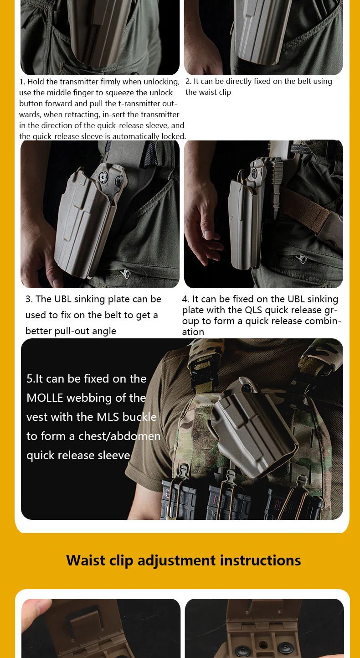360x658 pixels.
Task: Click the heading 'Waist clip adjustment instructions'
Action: [x=184, y=560]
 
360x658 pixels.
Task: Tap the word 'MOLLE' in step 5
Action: [x=45, y=398]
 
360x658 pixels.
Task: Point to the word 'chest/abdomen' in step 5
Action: [x=119, y=436]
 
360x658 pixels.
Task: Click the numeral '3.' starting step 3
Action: [x=29, y=299]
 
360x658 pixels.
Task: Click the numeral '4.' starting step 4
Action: [x=185, y=299]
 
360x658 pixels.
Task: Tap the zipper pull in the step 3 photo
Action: [x=126, y=274]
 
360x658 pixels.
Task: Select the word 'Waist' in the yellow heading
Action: [x=86, y=560]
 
